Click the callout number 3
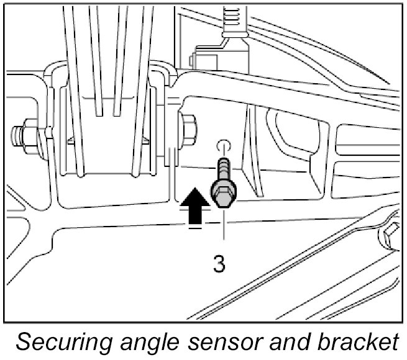(x=219, y=263)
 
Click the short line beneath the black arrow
(x=194, y=227)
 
